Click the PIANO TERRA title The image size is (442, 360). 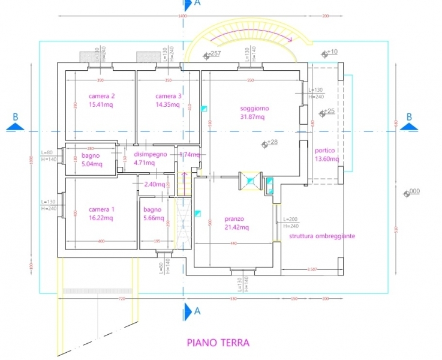218,343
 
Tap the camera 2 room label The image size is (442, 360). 101,96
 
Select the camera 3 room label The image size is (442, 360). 168,96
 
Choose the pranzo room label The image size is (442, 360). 234,219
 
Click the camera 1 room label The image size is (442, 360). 101,209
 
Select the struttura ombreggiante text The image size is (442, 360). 321,236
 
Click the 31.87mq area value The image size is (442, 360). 252,117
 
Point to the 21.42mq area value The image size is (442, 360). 236,227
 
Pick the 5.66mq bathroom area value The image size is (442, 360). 154,218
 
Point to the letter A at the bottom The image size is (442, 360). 197,310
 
